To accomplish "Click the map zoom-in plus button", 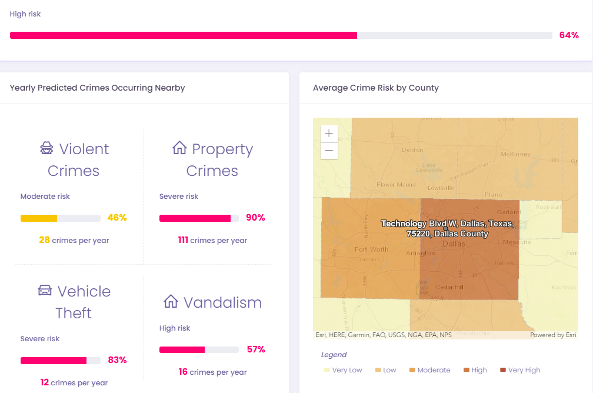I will (329, 134).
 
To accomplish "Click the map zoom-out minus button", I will (329, 151).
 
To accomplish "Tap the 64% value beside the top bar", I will (569, 35).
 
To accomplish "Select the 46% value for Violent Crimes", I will (117, 218).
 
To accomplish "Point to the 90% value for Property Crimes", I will (255, 218).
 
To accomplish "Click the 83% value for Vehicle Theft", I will (117, 360).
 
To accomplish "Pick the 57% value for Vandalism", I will (255, 349).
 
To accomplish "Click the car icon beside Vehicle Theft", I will (45, 291).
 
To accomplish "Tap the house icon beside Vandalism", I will (171, 302).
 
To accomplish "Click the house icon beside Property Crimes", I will (179, 148).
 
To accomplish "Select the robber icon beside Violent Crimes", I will (46, 148).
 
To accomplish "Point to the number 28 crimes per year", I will (44, 240).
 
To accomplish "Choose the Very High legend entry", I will (520, 370).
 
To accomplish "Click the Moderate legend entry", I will (429, 370).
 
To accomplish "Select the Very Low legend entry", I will (343, 370).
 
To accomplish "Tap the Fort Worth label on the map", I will (371, 249).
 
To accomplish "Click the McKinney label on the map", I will (515, 154).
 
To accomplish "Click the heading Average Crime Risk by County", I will (376, 88).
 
